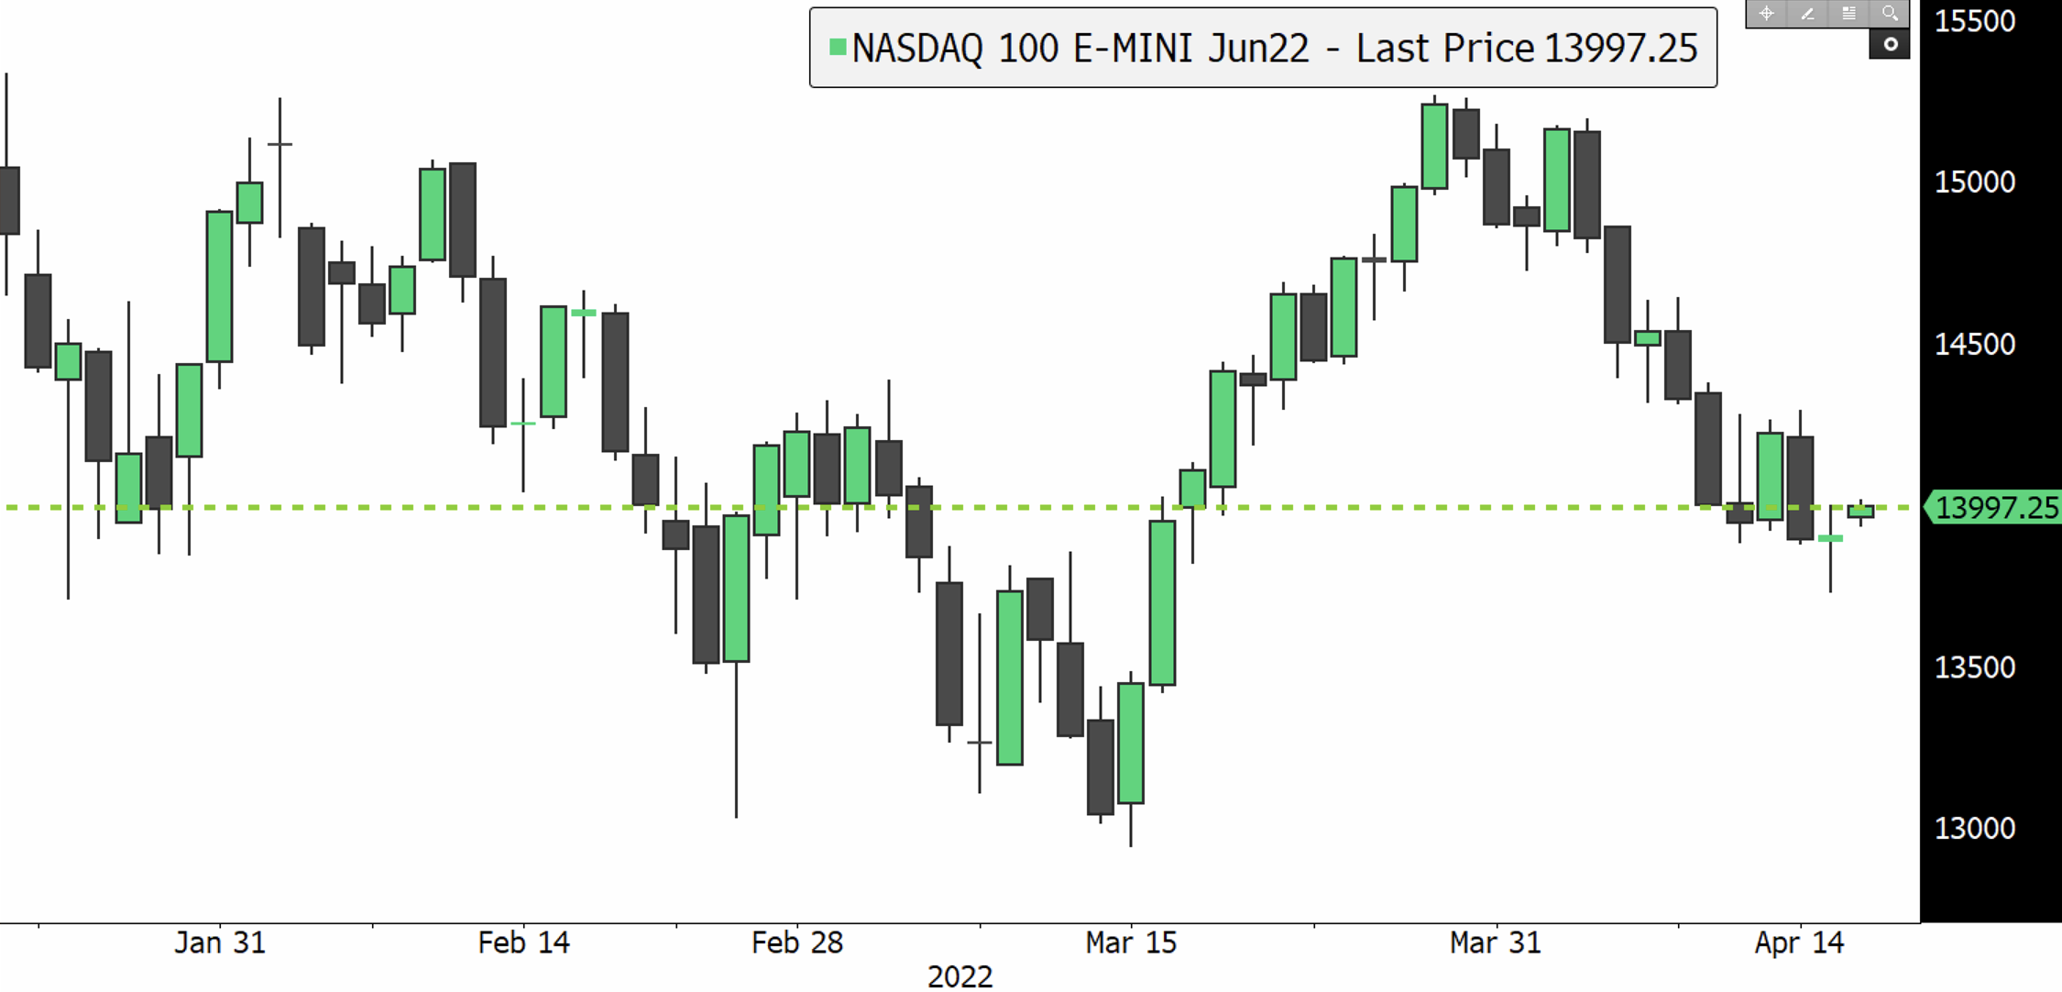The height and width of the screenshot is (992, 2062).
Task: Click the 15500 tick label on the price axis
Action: point(1974,21)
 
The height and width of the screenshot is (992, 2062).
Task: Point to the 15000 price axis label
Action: point(1974,182)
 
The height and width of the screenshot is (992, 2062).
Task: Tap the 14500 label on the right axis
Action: point(1974,345)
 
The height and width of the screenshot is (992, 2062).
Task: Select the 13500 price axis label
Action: point(1974,667)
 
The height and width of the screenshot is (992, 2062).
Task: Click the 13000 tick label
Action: point(1974,829)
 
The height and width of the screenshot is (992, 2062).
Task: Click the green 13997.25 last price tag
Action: point(1996,508)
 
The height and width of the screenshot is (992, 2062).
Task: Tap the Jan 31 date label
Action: point(220,942)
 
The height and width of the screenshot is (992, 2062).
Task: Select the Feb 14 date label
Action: point(523,942)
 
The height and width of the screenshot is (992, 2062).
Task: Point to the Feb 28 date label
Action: point(796,942)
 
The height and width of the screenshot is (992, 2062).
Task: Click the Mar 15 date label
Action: point(1131,942)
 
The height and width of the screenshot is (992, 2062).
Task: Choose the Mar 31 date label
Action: point(1495,942)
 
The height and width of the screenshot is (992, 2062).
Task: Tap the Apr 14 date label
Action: point(1799,942)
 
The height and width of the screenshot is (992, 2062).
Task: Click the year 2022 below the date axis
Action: point(960,976)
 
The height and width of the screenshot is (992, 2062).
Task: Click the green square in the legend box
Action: point(837,47)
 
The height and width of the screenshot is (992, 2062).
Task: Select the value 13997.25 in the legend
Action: point(1620,49)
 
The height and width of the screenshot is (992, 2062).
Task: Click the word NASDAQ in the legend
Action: point(917,49)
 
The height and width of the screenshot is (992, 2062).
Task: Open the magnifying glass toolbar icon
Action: point(1890,14)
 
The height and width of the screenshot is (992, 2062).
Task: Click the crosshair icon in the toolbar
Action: point(1766,14)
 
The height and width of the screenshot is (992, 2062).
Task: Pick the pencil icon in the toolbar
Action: point(1807,14)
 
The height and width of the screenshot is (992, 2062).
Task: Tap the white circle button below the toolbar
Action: point(1890,44)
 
